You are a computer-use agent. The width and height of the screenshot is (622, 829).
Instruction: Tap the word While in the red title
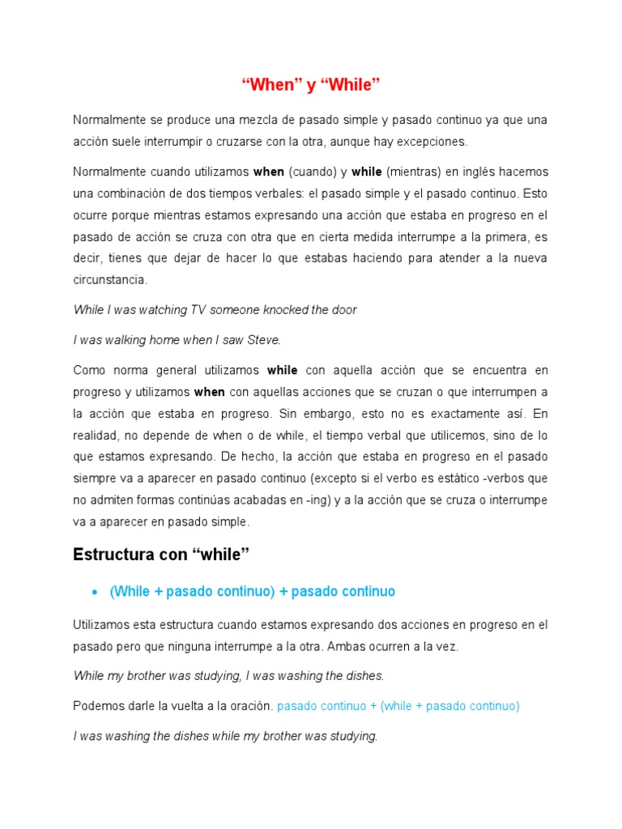click(x=352, y=85)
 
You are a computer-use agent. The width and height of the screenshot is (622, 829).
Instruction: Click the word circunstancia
click(x=111, y=279)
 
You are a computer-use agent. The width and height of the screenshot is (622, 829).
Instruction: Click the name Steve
click(x=264, y=340)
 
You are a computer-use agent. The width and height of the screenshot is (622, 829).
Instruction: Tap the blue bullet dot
click(x=95, y=593)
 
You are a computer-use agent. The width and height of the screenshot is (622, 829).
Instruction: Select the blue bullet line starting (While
click(x=252, y=592)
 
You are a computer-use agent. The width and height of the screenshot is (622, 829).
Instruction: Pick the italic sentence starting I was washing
click(x=225, y=736)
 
